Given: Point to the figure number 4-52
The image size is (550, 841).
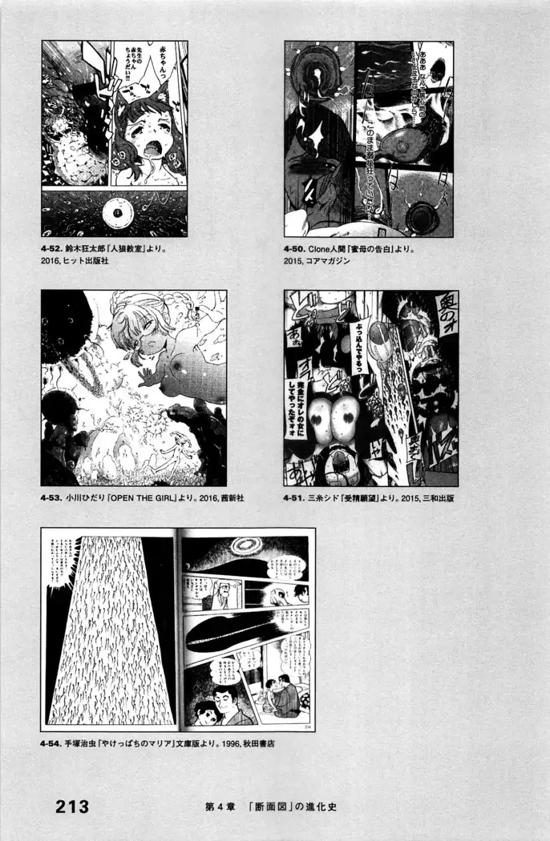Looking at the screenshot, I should pos(55,248).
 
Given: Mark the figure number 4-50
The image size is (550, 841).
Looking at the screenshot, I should pos(295,248).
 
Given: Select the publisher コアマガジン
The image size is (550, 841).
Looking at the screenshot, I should pos(329,261).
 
